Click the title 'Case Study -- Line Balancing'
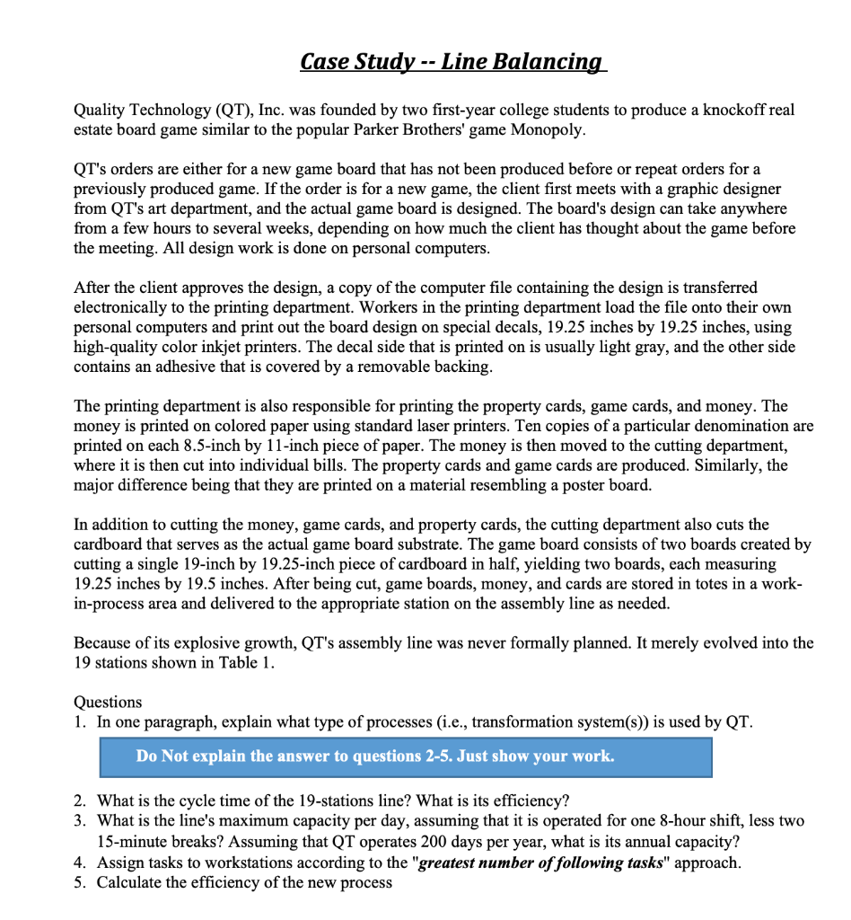click(453, 61)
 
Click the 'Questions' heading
click(107, 702)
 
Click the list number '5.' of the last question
click(82, 882)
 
